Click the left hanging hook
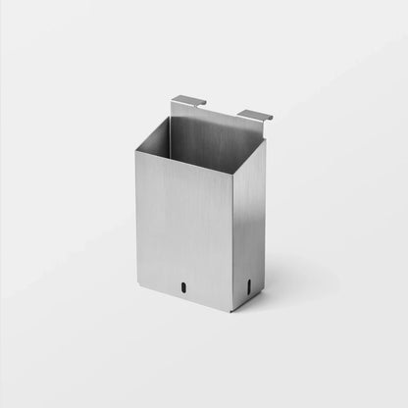(187, 101)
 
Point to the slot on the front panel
(182, 287)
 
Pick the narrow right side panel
(248, 230)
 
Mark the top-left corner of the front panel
(135, 152)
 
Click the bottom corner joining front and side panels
(231, 312)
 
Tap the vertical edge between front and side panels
(231, 245)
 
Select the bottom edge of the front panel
(184, 294)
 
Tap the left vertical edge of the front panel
(136, 216)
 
